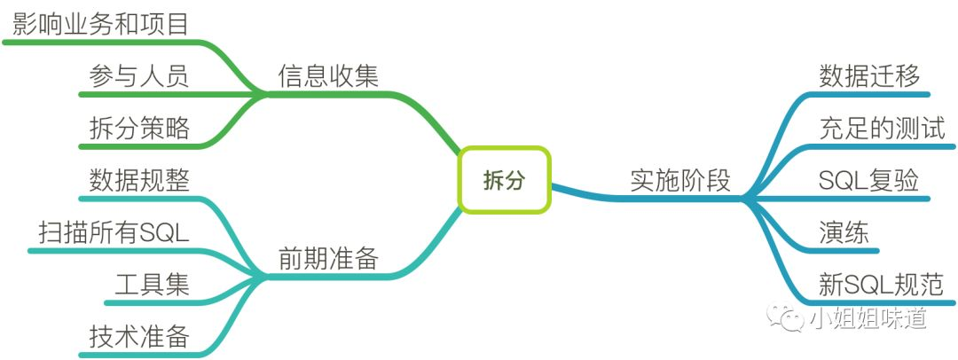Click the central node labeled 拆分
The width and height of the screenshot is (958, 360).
[504, 180]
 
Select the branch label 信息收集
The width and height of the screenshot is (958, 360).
[328, 75]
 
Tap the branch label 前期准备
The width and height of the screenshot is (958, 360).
[328, 258]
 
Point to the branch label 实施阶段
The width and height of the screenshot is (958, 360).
[680, 180]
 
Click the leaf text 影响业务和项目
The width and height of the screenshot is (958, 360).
[101, 23]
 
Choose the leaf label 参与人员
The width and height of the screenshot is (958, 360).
[139, 75]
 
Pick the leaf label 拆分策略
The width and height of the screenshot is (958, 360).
[139, 128]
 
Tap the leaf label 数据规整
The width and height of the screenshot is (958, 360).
[139, 180]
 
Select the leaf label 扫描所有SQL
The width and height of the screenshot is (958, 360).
[114, 232]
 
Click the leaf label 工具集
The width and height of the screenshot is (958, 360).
[152, 285]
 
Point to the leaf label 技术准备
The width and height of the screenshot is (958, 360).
[139, 337]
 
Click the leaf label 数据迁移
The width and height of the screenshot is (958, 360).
[869, 75]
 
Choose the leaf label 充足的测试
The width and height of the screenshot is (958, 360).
[883, 128]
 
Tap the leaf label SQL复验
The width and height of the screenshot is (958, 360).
[869, 180]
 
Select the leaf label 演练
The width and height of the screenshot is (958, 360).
[844, 232]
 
